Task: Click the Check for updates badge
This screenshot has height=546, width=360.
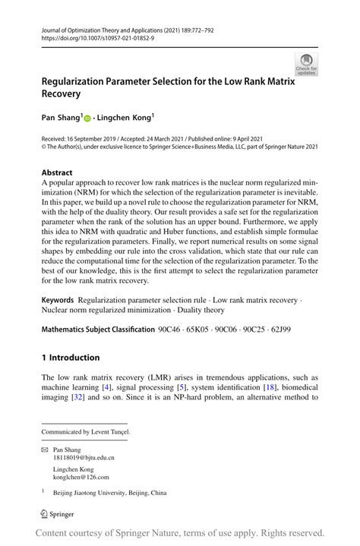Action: coord(307,64)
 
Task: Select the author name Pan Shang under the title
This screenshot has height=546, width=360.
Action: coord(60,118)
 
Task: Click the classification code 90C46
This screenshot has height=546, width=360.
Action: coord(171,330)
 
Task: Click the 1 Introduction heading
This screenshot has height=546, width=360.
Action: coord(71,358)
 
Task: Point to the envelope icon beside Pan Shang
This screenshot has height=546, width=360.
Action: coord(45,450)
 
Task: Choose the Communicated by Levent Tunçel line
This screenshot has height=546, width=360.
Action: coord(86,431)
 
